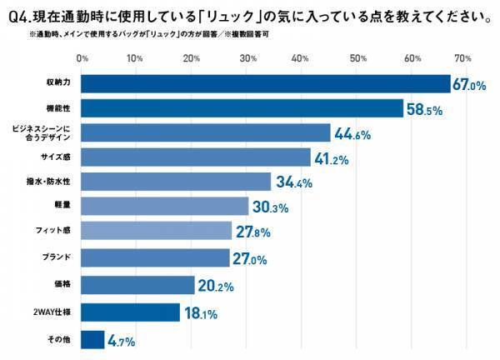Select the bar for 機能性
click(x=242, y=108)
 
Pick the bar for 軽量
click(x=165, y=206)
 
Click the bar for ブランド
click(x=156, y=258)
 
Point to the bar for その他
click(x=93, y=340)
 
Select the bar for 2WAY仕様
click(x=131, y=312)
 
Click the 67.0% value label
click(x=469, y=85)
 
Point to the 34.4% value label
click(x=294, y=182)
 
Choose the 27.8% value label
click(x=255, y=232)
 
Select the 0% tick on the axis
click(x=82, y=58)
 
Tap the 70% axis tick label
click(x=464, y=58)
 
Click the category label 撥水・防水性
click(x=52, y=182)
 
